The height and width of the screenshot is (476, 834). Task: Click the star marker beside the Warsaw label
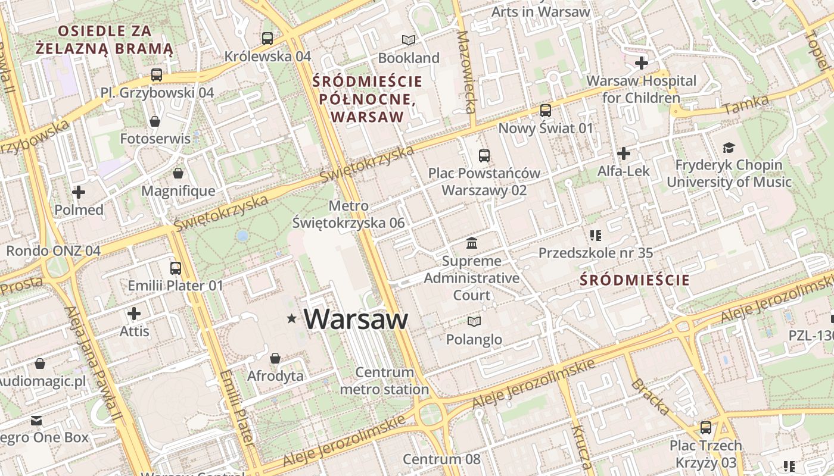292,320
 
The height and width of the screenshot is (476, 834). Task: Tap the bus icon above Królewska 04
267,39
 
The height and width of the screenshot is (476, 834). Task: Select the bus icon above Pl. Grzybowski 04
157,75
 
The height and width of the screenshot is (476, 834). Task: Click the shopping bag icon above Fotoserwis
155,121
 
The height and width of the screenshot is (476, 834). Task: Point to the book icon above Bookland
408,40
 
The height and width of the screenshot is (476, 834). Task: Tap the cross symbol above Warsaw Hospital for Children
642,62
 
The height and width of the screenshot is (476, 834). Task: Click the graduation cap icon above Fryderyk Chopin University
729,148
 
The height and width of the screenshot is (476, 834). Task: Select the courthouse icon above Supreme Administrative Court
472,243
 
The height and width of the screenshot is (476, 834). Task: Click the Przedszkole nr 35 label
596,253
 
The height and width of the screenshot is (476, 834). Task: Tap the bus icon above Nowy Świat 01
546,111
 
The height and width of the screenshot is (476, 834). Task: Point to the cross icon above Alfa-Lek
624,154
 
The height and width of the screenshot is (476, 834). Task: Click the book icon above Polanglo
474,322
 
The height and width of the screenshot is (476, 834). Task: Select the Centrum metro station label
384,381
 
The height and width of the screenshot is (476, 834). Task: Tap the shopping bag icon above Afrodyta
275,358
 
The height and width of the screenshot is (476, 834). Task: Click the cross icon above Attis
134,313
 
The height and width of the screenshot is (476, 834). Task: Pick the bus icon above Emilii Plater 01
175,268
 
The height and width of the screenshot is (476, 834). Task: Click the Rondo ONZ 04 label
53,250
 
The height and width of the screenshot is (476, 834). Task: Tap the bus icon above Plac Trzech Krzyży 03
706,427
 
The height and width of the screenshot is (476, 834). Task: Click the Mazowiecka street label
466,71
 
